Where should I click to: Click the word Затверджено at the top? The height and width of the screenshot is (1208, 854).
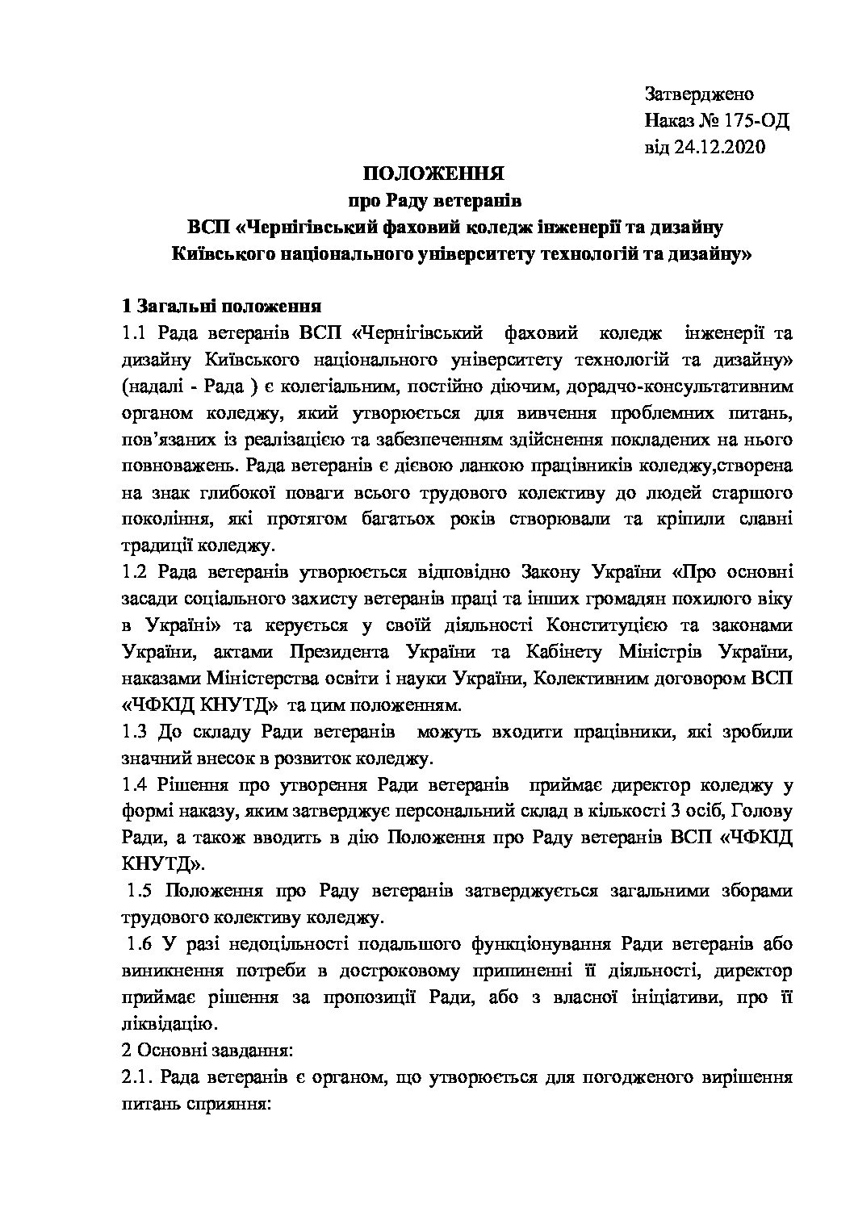click(x=699, y=94)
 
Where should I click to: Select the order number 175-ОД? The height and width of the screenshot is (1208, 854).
click(x=756, y=121)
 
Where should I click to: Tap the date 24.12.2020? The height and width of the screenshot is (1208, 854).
click(x=719, y=148)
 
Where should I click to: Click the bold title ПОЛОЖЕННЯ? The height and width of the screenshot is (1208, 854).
click(x=433, y=174)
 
